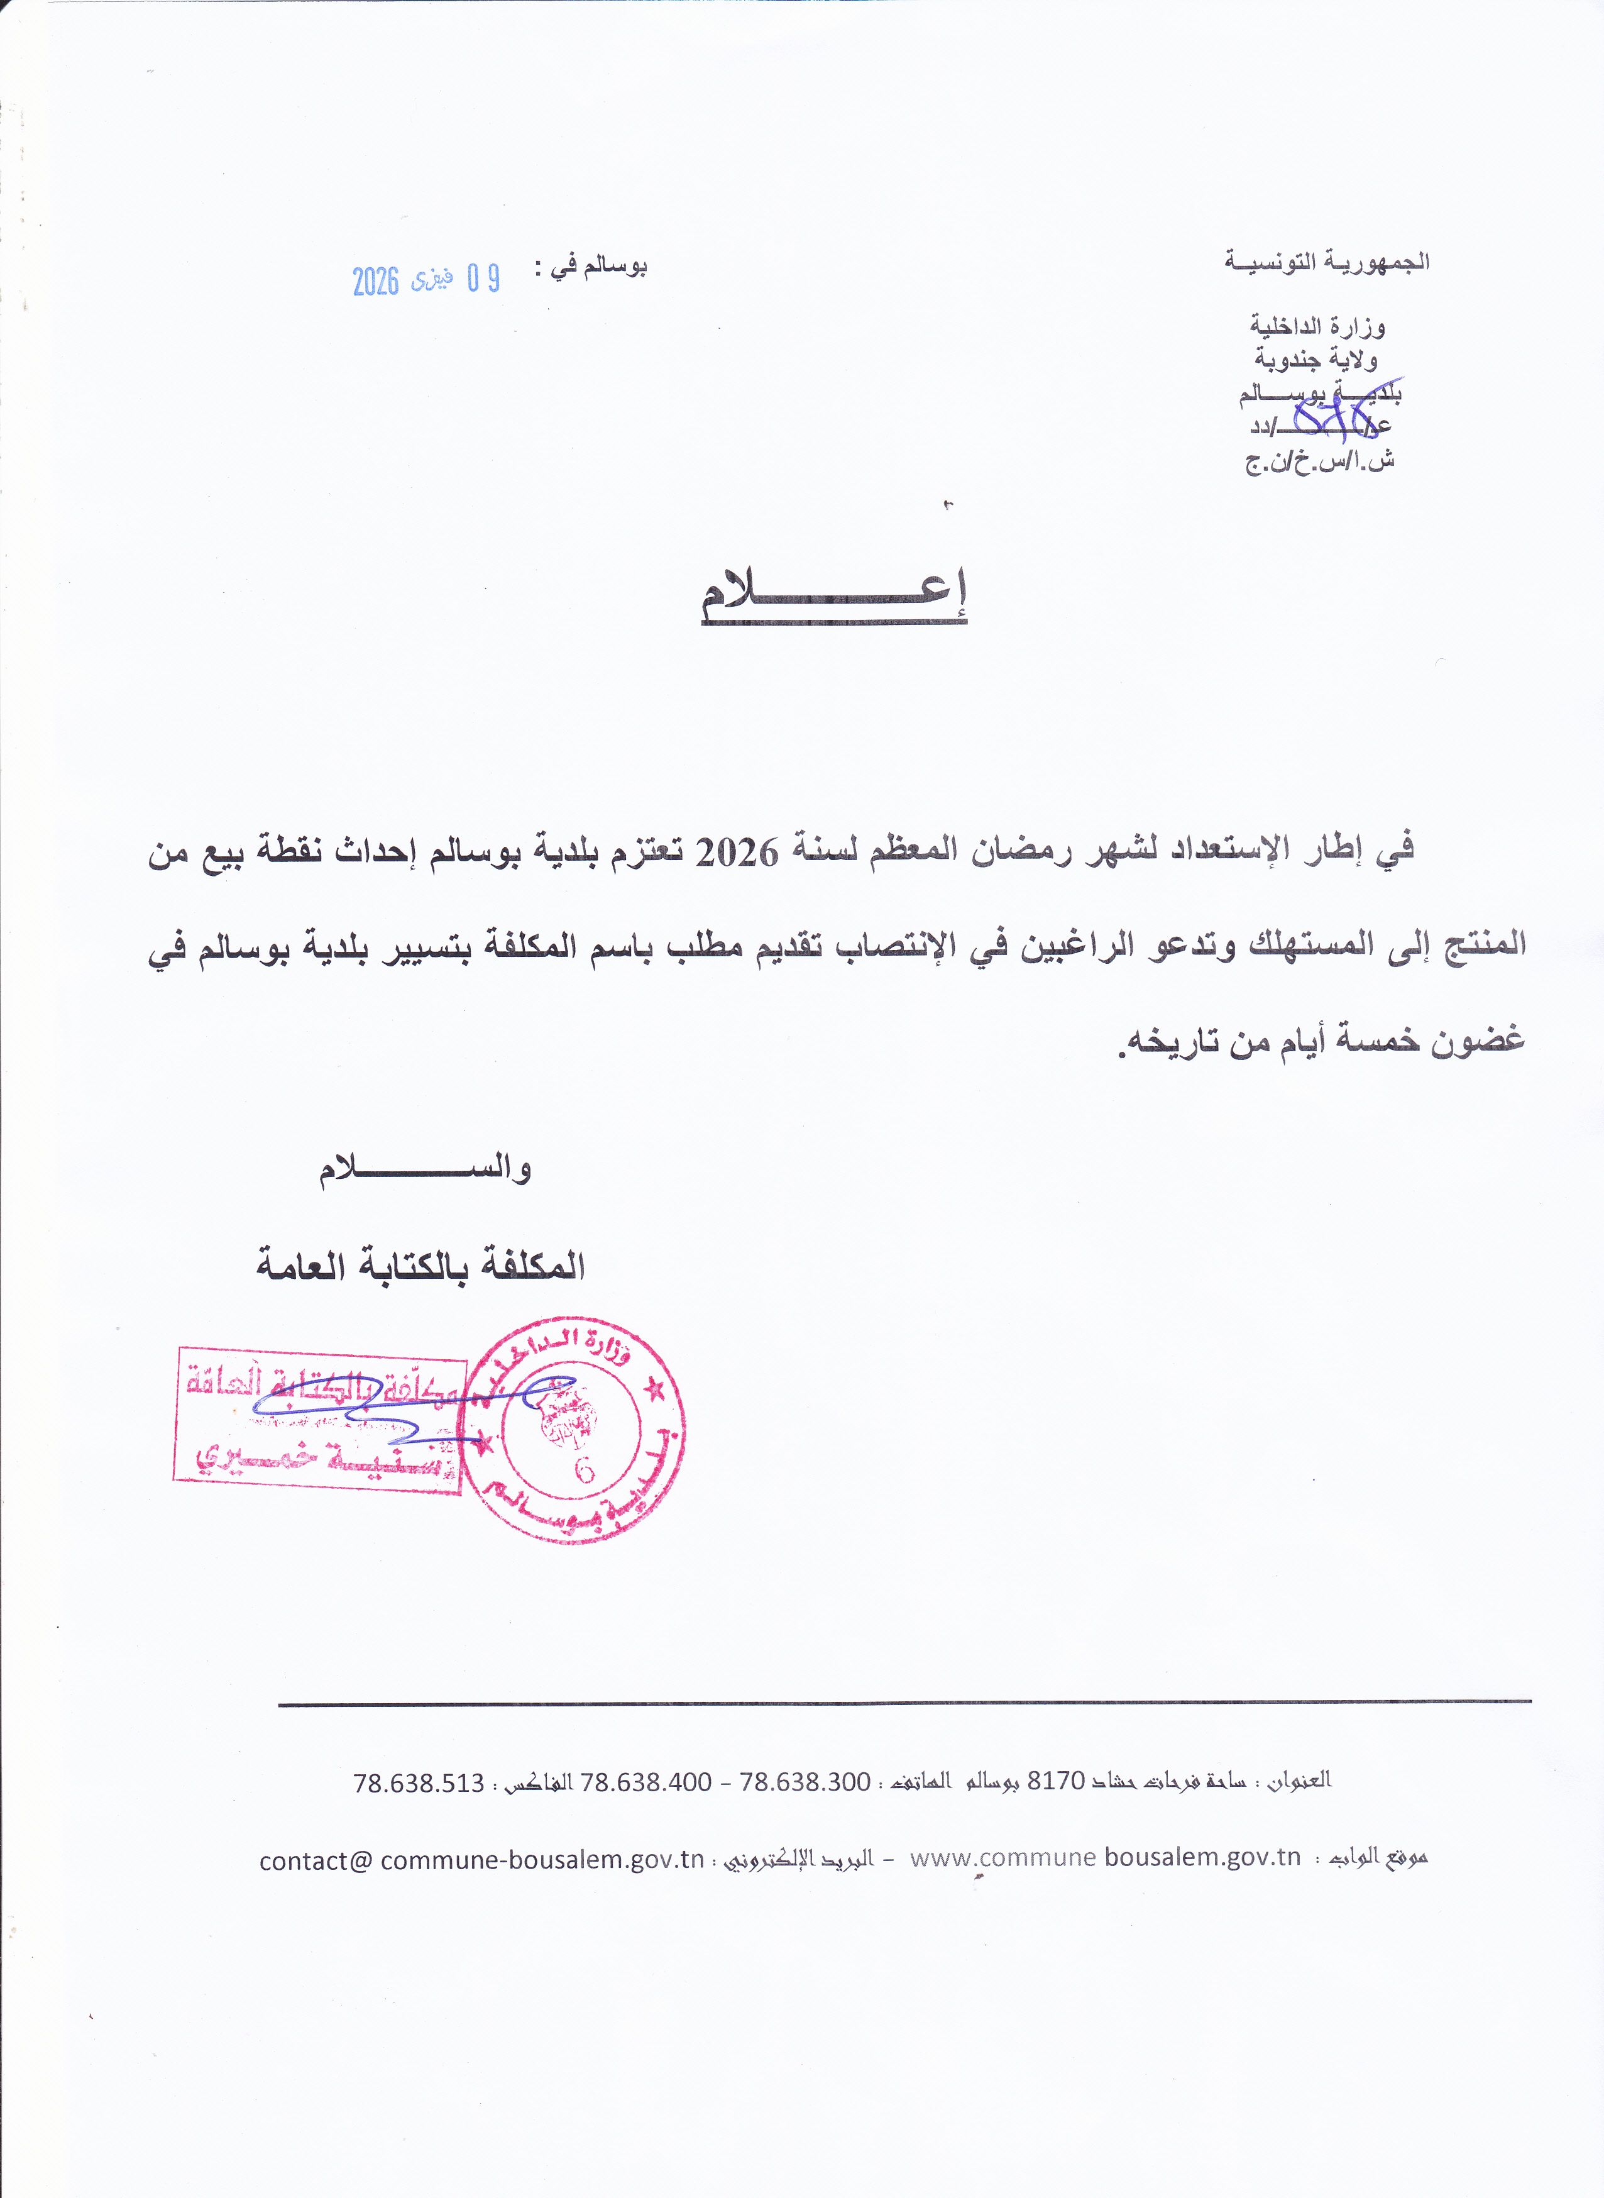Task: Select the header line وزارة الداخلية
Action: (1317, 326)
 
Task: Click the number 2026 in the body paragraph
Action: (738, 853)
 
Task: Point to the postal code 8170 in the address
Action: (1055, 1781)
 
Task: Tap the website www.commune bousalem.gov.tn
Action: (1105, 1857)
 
